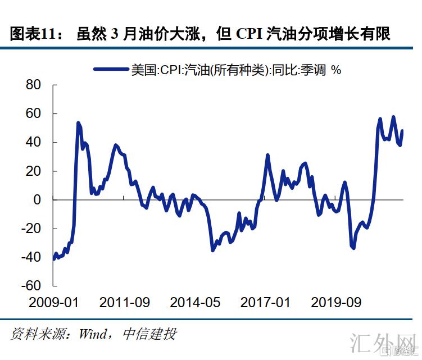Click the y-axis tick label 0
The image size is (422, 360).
tap(38, 200)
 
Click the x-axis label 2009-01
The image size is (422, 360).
tap(54, 302)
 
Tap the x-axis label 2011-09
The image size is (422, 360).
tap(125, 302)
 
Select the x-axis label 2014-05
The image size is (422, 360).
tap(196, 302)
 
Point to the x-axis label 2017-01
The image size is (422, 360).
tap(266, 302)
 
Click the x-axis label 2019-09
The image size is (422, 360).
tap(337, 302)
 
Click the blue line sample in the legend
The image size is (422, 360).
tap(110, 70)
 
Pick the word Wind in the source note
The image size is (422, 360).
tap(92, 334)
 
